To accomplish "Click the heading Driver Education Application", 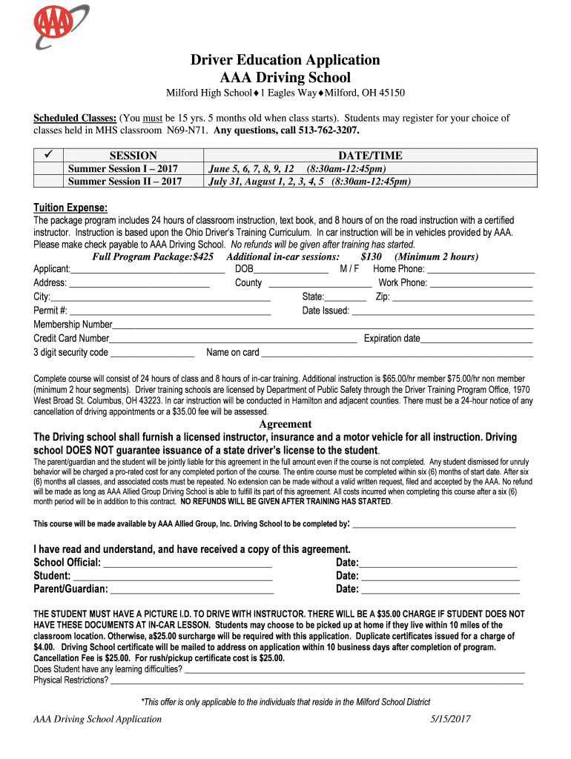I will [x=285, y=60].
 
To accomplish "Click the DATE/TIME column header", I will [x=370, y=155].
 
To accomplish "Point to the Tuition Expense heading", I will [x=70, y=208].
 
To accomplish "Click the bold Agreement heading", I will [x=285, y=424].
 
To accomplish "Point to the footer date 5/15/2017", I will [x=450, y=719].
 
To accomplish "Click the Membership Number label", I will [x=73, y=324].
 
